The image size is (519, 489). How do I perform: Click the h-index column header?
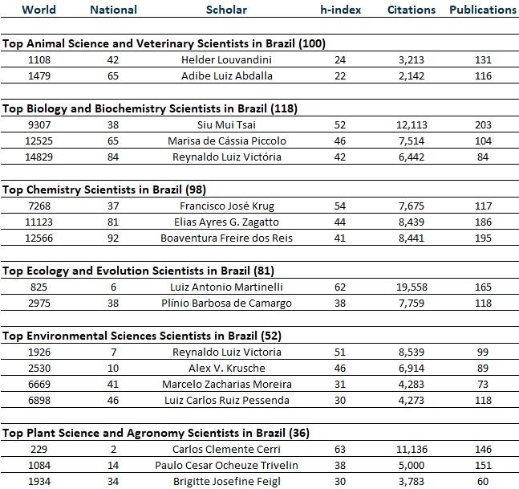click(x=341, y=10)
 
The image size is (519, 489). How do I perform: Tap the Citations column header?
click(x=412, y=10)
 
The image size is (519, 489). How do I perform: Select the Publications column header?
click(x=483, y=10)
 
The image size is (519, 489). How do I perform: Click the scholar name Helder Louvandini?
click(x=226, y=59)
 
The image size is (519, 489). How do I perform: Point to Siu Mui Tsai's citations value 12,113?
click(x=412, y=125)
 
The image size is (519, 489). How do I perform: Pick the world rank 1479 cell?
click(x=39, y=75)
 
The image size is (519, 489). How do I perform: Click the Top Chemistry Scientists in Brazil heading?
click(x=104, y=189)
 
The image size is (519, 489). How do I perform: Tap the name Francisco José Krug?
click(x=227, y=206)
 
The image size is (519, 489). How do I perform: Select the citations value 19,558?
click(x=412, y=287)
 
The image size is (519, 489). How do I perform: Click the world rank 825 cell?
click(x=39, y=287)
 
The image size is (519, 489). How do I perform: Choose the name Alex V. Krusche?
click(x=227, y=368)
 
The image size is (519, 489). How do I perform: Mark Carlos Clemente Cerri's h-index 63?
click(x=340, y=449)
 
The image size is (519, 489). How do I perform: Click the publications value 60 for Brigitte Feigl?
click(x=483, y=482)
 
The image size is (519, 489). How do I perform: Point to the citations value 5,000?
click(x=412, y=466)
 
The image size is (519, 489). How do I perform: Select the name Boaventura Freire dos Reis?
click(x=226, y=238)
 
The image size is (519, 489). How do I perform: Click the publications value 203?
click(x=483, y=125)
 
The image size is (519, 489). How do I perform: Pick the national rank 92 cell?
click(x=113, y=238)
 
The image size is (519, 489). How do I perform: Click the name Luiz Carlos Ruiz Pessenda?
click(x=227, y=400)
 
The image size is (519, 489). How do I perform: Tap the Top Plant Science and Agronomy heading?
click(x=156, y=433)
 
